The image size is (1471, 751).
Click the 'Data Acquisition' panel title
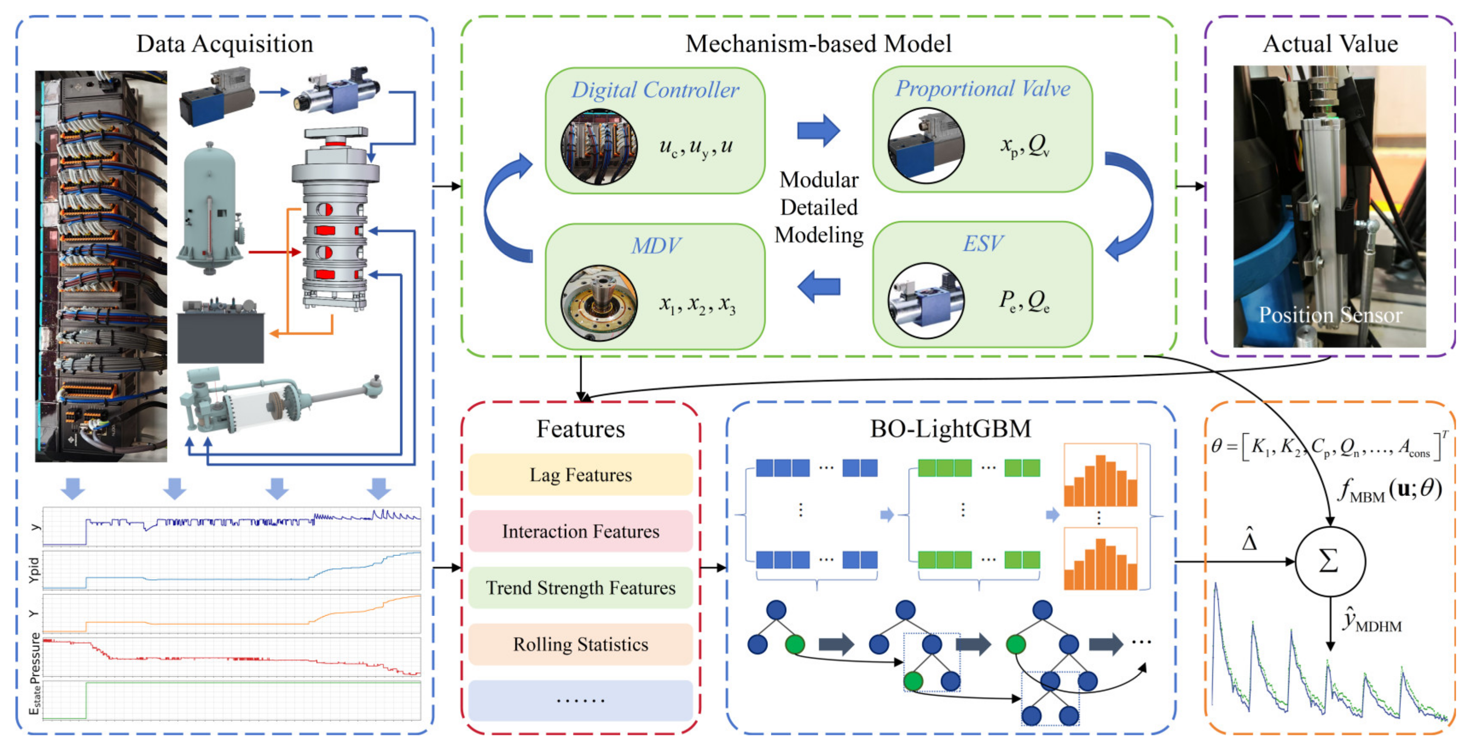[x=224, y=44]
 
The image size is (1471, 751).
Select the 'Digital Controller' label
[x=655, y=90]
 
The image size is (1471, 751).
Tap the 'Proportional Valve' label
[x=982, y=89]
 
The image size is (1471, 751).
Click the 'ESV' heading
[x=982, y=244]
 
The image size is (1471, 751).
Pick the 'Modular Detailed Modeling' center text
[x=819, y=208]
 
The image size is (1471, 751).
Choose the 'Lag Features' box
[x=580, y=475]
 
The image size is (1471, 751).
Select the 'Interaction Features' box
[x=580, y=531]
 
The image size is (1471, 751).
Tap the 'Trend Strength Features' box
[x=580, y=588]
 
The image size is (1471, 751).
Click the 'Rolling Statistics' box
[x=580, y=644]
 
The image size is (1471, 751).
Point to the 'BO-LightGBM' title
[x=950, y=429]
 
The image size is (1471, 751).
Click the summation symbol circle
[x=1329, y=561]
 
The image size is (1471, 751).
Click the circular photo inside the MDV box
[x=599, y=303]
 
